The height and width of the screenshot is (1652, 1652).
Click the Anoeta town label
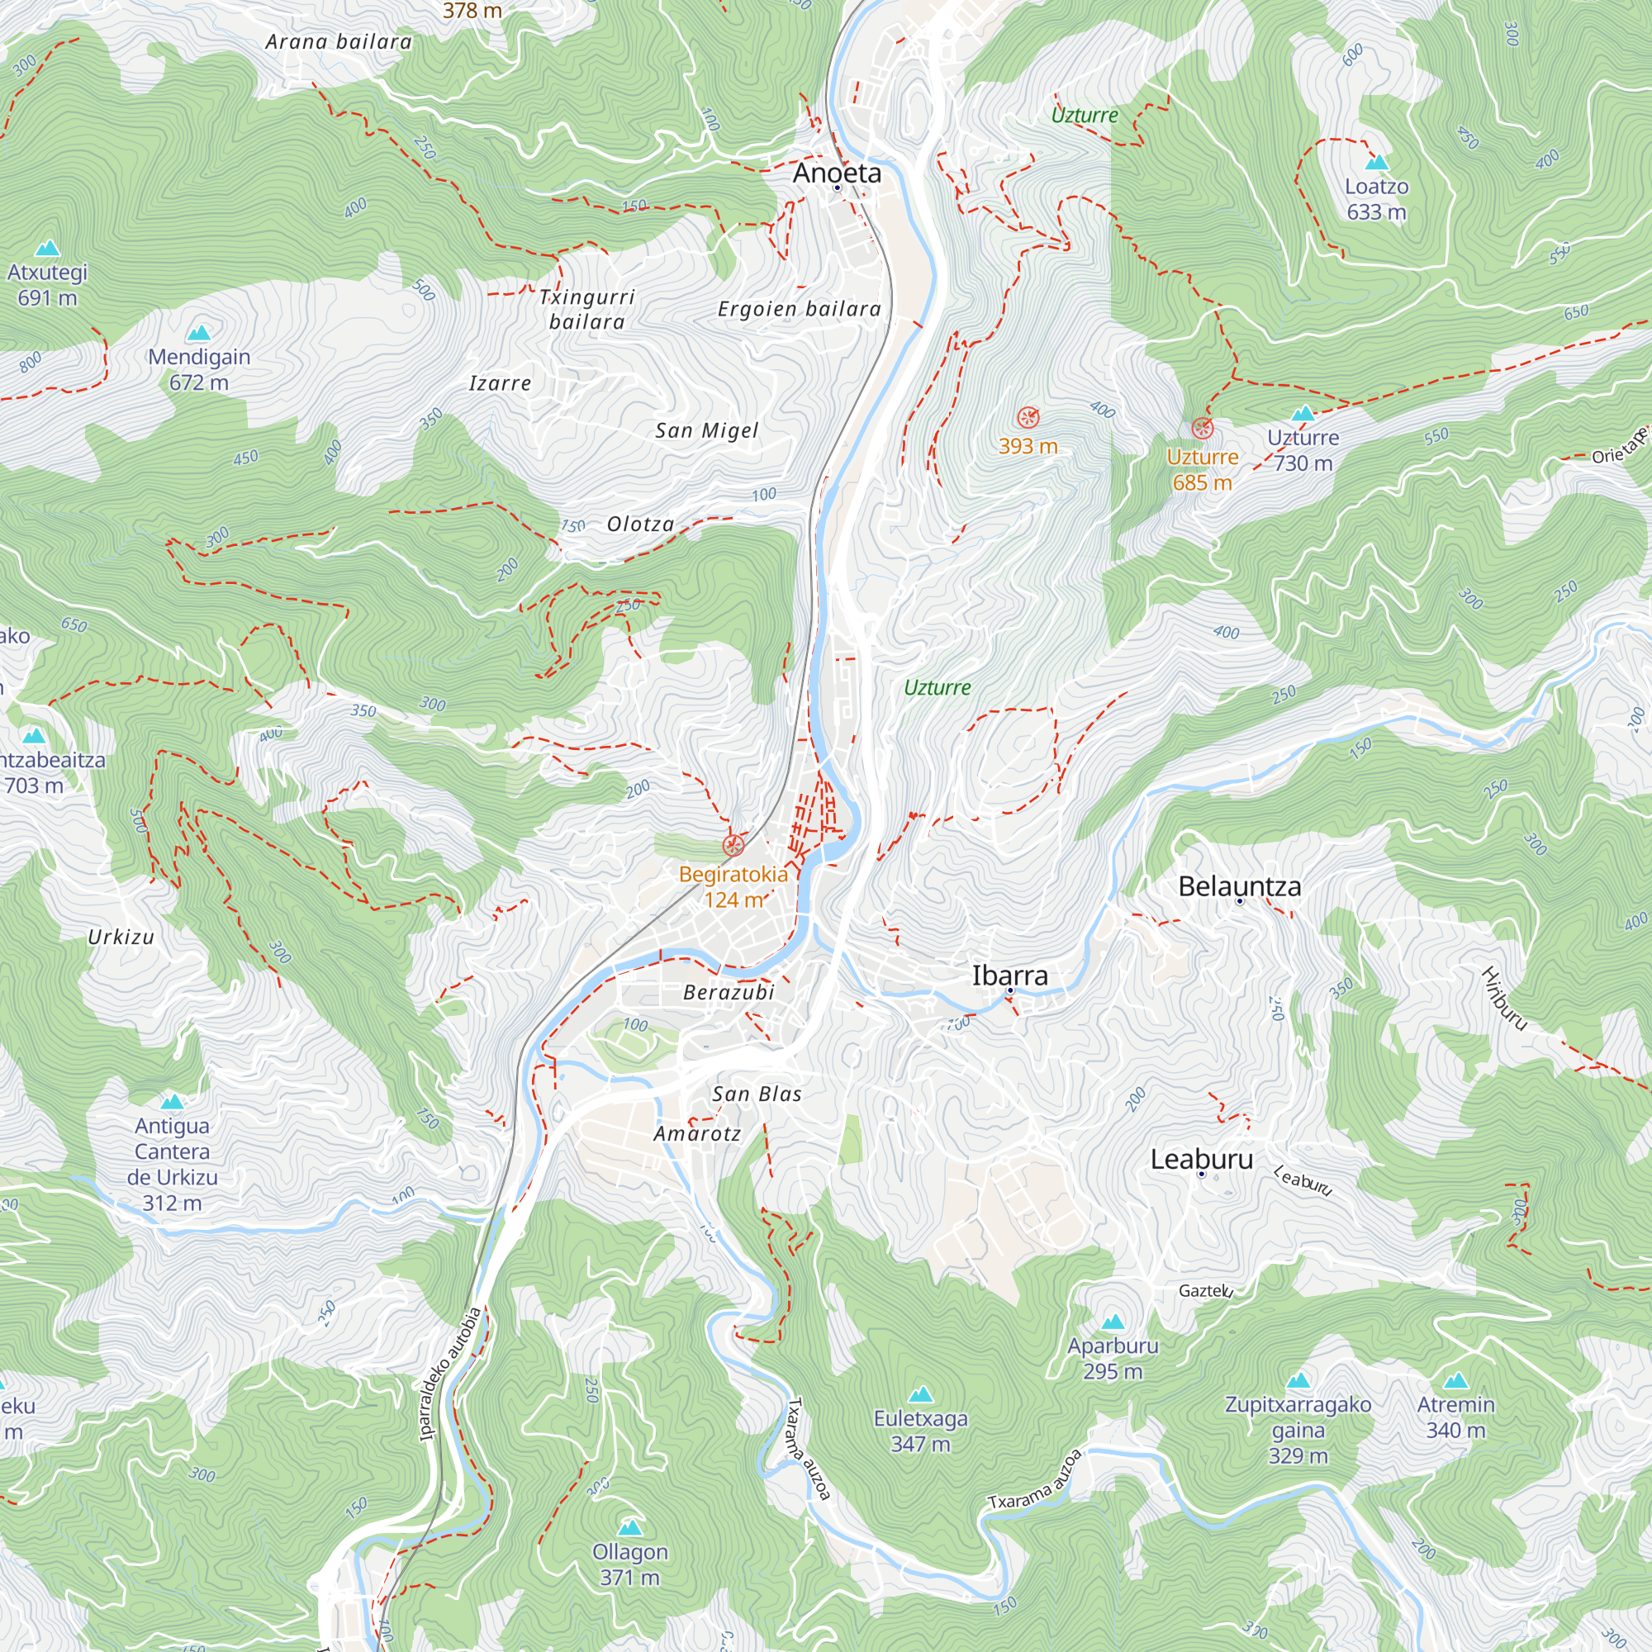[x=836, y=173]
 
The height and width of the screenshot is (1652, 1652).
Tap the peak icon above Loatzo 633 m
[x=1376, y=163]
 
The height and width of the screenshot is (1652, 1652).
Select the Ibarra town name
[x=1009, y=976]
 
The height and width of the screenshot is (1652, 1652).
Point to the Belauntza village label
[x=1239, y=885]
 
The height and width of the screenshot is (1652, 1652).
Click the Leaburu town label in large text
[x=1200, y=1160]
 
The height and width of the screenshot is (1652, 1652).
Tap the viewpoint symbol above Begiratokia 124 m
[x=733, y=847]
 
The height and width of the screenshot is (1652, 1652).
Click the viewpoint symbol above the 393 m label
[x=1028, y=417]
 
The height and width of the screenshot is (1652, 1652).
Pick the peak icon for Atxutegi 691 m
[x=47, y=249]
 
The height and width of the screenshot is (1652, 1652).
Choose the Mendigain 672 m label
[x=199, y=368]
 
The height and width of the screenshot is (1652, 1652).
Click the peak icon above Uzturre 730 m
[x=1303, y=414]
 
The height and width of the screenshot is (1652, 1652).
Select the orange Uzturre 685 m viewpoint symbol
[x=1202, y=429]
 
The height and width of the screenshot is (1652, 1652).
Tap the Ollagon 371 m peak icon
[x=630, y=1527]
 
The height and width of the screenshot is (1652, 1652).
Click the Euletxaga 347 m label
[x=920, y=1431]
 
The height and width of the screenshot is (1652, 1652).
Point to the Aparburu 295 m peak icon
[x=1113, y=1322]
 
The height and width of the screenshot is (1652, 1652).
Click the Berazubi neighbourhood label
[x=729, y=992]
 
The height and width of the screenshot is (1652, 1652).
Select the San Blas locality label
[x=757, y=1094]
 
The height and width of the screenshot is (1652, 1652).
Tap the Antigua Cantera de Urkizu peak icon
[x=172, y=1101]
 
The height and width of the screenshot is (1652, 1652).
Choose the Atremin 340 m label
[x=1455, y=1417]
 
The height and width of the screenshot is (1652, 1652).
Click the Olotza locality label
[x=640, y=525]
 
